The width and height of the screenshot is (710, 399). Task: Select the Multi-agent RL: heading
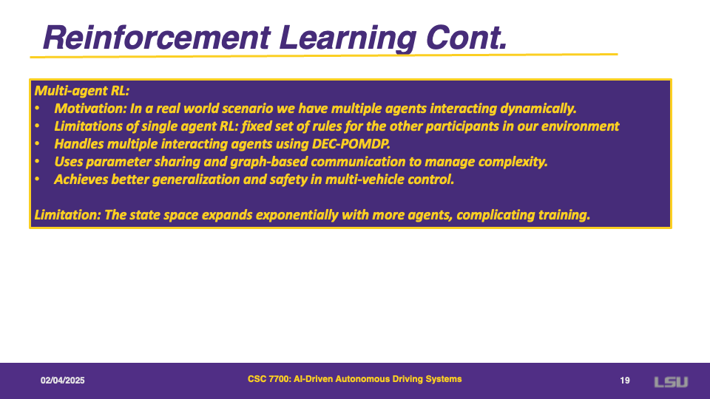(82, 91)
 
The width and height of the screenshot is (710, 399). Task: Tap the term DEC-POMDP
(351, 144)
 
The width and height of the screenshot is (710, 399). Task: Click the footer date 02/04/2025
(62, 381)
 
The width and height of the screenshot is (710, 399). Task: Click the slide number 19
(625, 381)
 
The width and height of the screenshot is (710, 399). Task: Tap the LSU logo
(671, 382)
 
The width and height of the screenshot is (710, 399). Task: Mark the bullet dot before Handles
(37, 144)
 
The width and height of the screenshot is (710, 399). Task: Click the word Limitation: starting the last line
(67, 215)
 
